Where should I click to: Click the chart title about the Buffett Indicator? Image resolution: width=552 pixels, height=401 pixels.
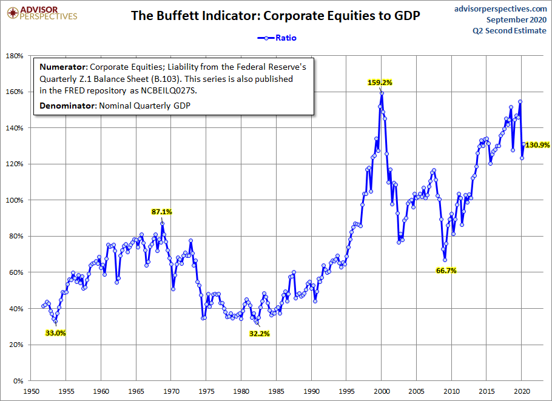pos(275,16)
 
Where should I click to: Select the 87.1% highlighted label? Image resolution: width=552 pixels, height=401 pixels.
pos(162,212)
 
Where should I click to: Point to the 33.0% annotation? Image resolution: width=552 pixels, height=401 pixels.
pos(55,332)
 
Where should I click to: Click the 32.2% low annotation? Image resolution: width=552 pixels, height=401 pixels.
pos(259,333)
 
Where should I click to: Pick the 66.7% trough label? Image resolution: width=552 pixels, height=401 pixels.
pos(446,271)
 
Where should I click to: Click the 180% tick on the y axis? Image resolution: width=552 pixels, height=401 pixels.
pos(14,56)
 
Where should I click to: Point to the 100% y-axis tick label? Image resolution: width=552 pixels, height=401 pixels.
pos(14,200)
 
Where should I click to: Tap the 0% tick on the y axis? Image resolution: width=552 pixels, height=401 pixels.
pos(18,381)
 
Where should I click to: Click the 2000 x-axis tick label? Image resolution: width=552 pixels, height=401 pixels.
pos(382,391)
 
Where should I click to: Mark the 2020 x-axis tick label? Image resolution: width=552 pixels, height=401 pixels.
pos(522,391)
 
